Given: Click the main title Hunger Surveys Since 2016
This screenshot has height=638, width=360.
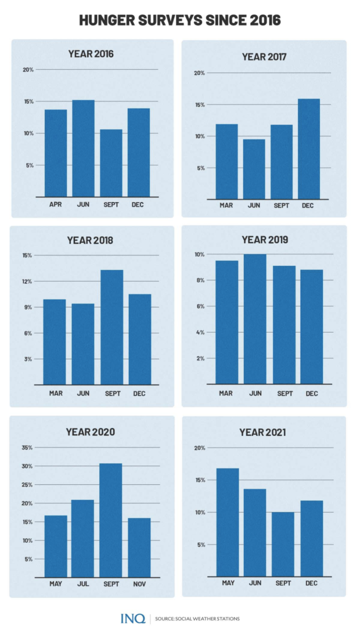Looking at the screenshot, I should (x=179, y=20).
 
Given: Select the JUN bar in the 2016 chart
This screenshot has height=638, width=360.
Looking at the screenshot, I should (x=84, y=148).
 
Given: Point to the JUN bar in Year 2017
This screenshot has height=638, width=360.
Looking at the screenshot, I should (x=254, y=169).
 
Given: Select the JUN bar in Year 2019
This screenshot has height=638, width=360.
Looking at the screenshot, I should (x=255, y=319).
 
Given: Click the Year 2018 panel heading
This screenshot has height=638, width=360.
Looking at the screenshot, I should (x=91, y=240).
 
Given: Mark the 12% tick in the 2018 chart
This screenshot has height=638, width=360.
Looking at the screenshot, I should (x=28, y=281).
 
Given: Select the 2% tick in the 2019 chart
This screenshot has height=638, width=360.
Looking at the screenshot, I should (x=200, y=358).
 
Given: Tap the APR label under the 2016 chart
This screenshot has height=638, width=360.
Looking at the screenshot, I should (x=56, y=204).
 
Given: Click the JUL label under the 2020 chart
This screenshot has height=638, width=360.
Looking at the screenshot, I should (x=84, y=584).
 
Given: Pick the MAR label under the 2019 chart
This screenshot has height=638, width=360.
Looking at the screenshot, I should (x=226, y=393).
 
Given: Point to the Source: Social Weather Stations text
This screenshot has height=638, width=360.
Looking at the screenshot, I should (x=198, y=619).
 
